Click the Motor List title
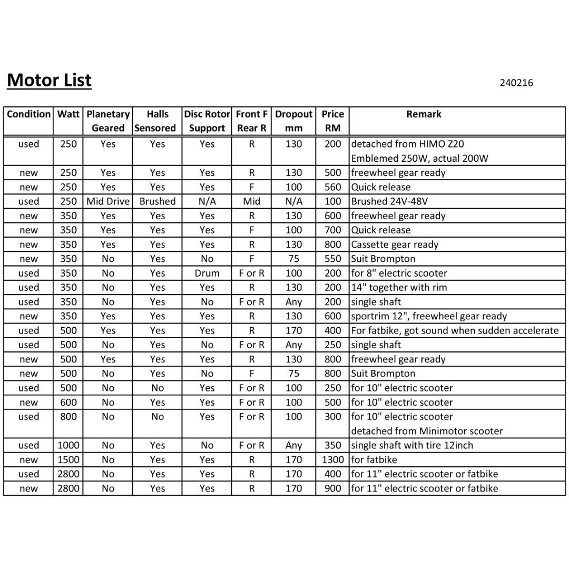coord(49,80)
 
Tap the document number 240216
coord(516,83)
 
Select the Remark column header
coord(424,114)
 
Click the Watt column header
coord(68,114)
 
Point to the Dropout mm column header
coord(293,121)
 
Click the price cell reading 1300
coord(332,459)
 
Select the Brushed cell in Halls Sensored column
coord(157,201)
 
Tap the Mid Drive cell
coord(108,201)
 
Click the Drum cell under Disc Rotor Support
coord(207,273)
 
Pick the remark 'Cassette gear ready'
coord(395,244)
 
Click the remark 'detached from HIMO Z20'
coord(407,144)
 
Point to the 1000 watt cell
coord(68,445)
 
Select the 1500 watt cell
coord(68,459)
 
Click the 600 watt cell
coord(68,402)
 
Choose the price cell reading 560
coord(332,187)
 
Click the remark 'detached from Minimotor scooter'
coord(427,431)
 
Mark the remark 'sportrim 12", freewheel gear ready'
coord(429,316)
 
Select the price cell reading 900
coord(332,488)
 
